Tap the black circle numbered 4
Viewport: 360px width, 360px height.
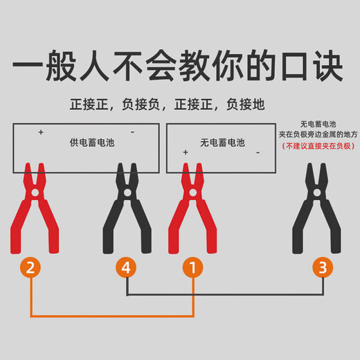tap(127, 267)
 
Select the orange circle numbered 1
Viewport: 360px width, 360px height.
tap(193, 267)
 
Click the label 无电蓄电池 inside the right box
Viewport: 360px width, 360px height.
tap(222, 143)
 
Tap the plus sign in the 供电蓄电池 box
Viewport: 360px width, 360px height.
tap(41, 131)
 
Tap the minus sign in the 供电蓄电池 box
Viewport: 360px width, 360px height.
tap(132, 131)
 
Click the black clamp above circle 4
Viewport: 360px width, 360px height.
tap(127, 208)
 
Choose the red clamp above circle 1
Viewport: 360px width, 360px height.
tap(194, 208)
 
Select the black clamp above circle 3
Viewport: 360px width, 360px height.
tap(318, 208)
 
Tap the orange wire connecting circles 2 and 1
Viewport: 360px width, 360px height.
tap(111, 316)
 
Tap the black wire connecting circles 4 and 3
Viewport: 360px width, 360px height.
tap(222, 295)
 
